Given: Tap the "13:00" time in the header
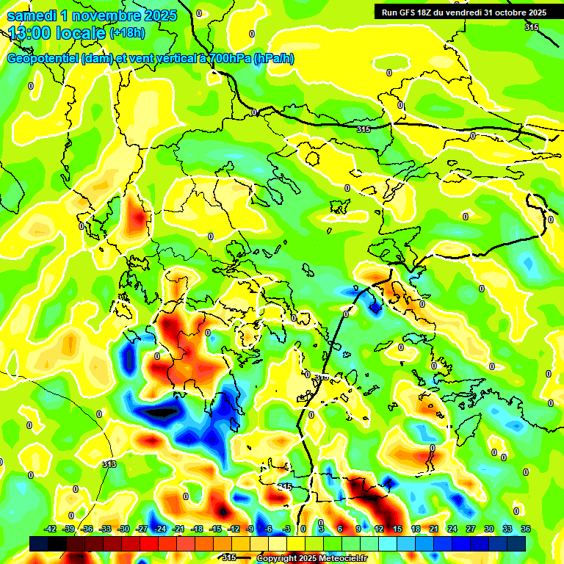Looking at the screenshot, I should pyautogui.click(x=32, y=33).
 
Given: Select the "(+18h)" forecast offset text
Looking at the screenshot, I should pyautogui.click(x=127, y=33).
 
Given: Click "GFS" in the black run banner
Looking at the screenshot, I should pyautogui.click(x=411, y=12).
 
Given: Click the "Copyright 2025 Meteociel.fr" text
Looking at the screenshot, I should pyautogui.click(x=312, y=558).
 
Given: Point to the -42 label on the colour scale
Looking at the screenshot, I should pyautogui.click(x=51, y=529).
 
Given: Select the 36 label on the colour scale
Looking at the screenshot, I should pyautogui.click(x=526, y=529).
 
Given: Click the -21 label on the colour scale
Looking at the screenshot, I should pyautogui.click(x=178, y=529).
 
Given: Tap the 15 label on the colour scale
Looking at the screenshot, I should pyautogui.click(x=397, y=529).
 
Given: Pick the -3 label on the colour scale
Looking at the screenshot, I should pyautogui.click(x=287, y=529).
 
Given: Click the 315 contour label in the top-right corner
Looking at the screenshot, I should pyautogui.click(x=531, y=27).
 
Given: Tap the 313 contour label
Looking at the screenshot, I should pyautogui.click(x=109, y=464).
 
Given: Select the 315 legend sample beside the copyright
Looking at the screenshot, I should pyautogui.click(x=229, y=558).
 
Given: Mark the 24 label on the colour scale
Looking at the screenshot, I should pyautogui.click(x=452, y=529).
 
